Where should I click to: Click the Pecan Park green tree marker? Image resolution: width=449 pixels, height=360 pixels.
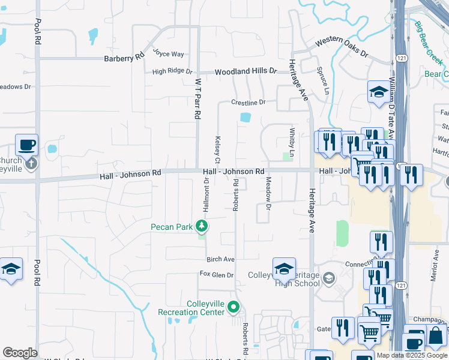point(203,226)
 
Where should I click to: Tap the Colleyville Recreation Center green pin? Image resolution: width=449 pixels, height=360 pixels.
point(233,308)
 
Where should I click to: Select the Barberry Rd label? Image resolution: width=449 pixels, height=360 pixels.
point(124,58)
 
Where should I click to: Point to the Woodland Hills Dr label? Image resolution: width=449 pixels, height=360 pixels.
point(246,71)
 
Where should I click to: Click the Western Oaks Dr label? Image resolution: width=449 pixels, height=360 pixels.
point(342,46)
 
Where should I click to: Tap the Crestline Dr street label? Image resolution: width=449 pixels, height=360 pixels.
point(249,103)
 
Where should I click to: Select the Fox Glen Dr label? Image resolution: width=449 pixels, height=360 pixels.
point(216,274)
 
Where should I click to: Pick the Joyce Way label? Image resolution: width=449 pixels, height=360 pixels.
point(168,53)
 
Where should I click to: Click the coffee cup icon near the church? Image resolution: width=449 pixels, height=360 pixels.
point(26,145)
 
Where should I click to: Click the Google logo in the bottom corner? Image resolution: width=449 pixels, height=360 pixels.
point(20,353)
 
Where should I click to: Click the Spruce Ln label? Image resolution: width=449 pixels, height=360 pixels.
point(325,80)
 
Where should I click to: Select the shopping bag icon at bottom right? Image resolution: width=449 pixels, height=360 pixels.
point(436,337)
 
